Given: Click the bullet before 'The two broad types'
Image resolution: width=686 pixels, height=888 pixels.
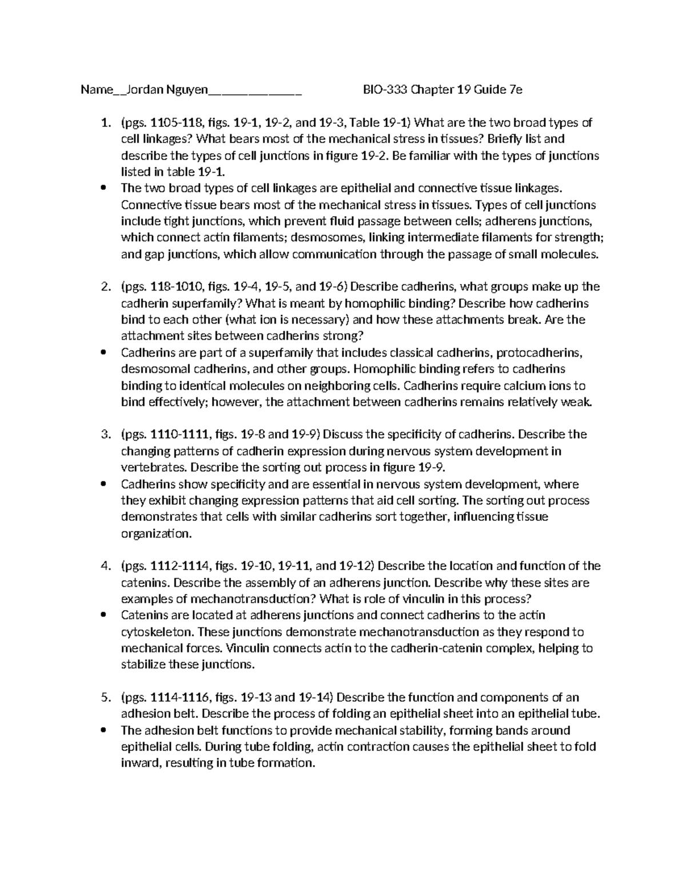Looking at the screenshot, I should pyautogui.click(x=103, y=188).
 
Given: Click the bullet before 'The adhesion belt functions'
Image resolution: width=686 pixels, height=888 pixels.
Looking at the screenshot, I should pyautogui.click(x=103, y=731).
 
